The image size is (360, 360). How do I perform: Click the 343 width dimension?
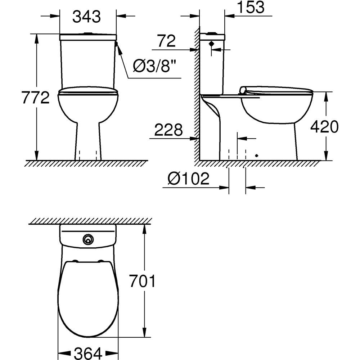click(x=87, y=17)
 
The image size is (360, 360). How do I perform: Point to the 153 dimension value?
click(x=251, y=7)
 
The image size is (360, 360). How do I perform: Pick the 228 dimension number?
click(x=168, y=130)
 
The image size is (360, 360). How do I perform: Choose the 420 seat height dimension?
click(x=324, y=127)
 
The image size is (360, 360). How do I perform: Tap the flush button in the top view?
click(x=87, y=238)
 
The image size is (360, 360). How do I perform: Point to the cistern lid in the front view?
click(x=87, y=37)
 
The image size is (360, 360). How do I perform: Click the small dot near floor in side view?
click(x=257, y=156)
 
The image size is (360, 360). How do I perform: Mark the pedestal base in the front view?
click(x=88, y=144)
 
